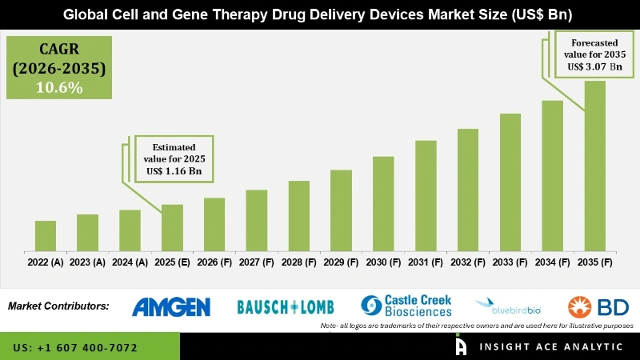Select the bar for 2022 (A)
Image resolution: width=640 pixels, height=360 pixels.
coord(46,236)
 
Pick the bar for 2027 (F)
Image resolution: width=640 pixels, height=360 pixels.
coord(256,220)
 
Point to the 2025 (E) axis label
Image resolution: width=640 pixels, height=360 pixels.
coord(172,262)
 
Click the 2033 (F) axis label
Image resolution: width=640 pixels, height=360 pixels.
coord(510,262)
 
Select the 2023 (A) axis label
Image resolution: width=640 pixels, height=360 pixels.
coord(88,262)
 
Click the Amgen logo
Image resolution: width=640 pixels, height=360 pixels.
coord(171,306)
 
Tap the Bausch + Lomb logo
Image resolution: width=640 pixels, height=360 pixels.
coord(286,306)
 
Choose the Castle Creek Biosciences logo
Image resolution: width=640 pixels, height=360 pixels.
coord(406,306)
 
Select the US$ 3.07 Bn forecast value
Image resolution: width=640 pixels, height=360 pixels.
coord(593,67)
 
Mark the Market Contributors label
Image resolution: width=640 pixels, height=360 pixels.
coord(58,306)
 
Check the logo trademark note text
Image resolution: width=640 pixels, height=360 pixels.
coord(477,326)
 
